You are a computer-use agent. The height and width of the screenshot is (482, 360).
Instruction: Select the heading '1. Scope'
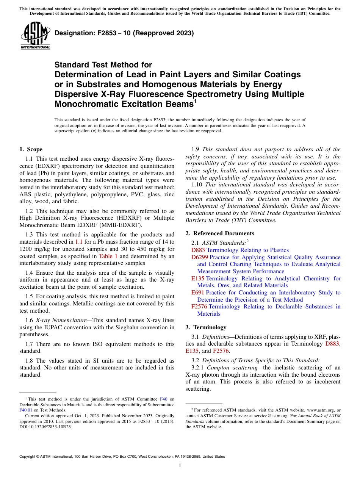(31, 149)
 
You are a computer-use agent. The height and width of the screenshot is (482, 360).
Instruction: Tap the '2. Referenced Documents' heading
(220, 233)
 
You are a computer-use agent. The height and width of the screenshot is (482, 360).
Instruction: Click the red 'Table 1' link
(108, 256)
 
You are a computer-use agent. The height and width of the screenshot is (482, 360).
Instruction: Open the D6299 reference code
(199, 257)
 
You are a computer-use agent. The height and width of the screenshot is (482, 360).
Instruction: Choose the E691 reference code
(198, 293)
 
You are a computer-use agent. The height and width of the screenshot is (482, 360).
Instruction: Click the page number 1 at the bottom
(180, 465)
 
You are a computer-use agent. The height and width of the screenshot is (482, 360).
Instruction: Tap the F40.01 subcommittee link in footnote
(26, 410)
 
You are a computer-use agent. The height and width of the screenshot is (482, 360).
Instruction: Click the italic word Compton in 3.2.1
(217, 368)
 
